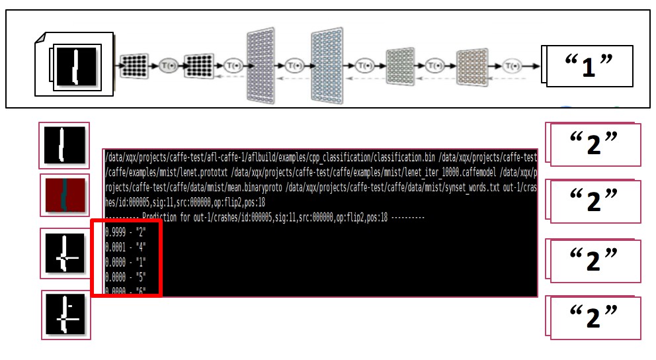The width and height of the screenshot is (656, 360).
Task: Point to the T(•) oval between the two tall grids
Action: (295, 66)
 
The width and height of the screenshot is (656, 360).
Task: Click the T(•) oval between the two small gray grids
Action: (434, 66)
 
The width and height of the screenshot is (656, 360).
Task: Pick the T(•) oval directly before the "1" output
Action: (512, 66)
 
